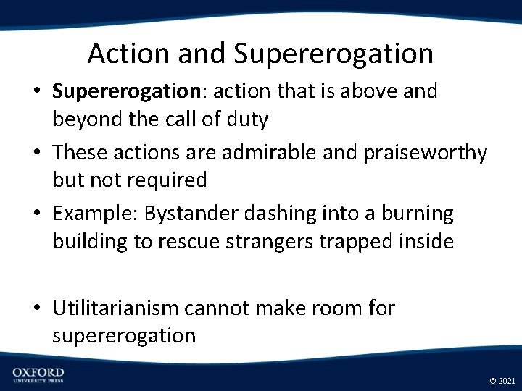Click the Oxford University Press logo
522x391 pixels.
tap(38, 374)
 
